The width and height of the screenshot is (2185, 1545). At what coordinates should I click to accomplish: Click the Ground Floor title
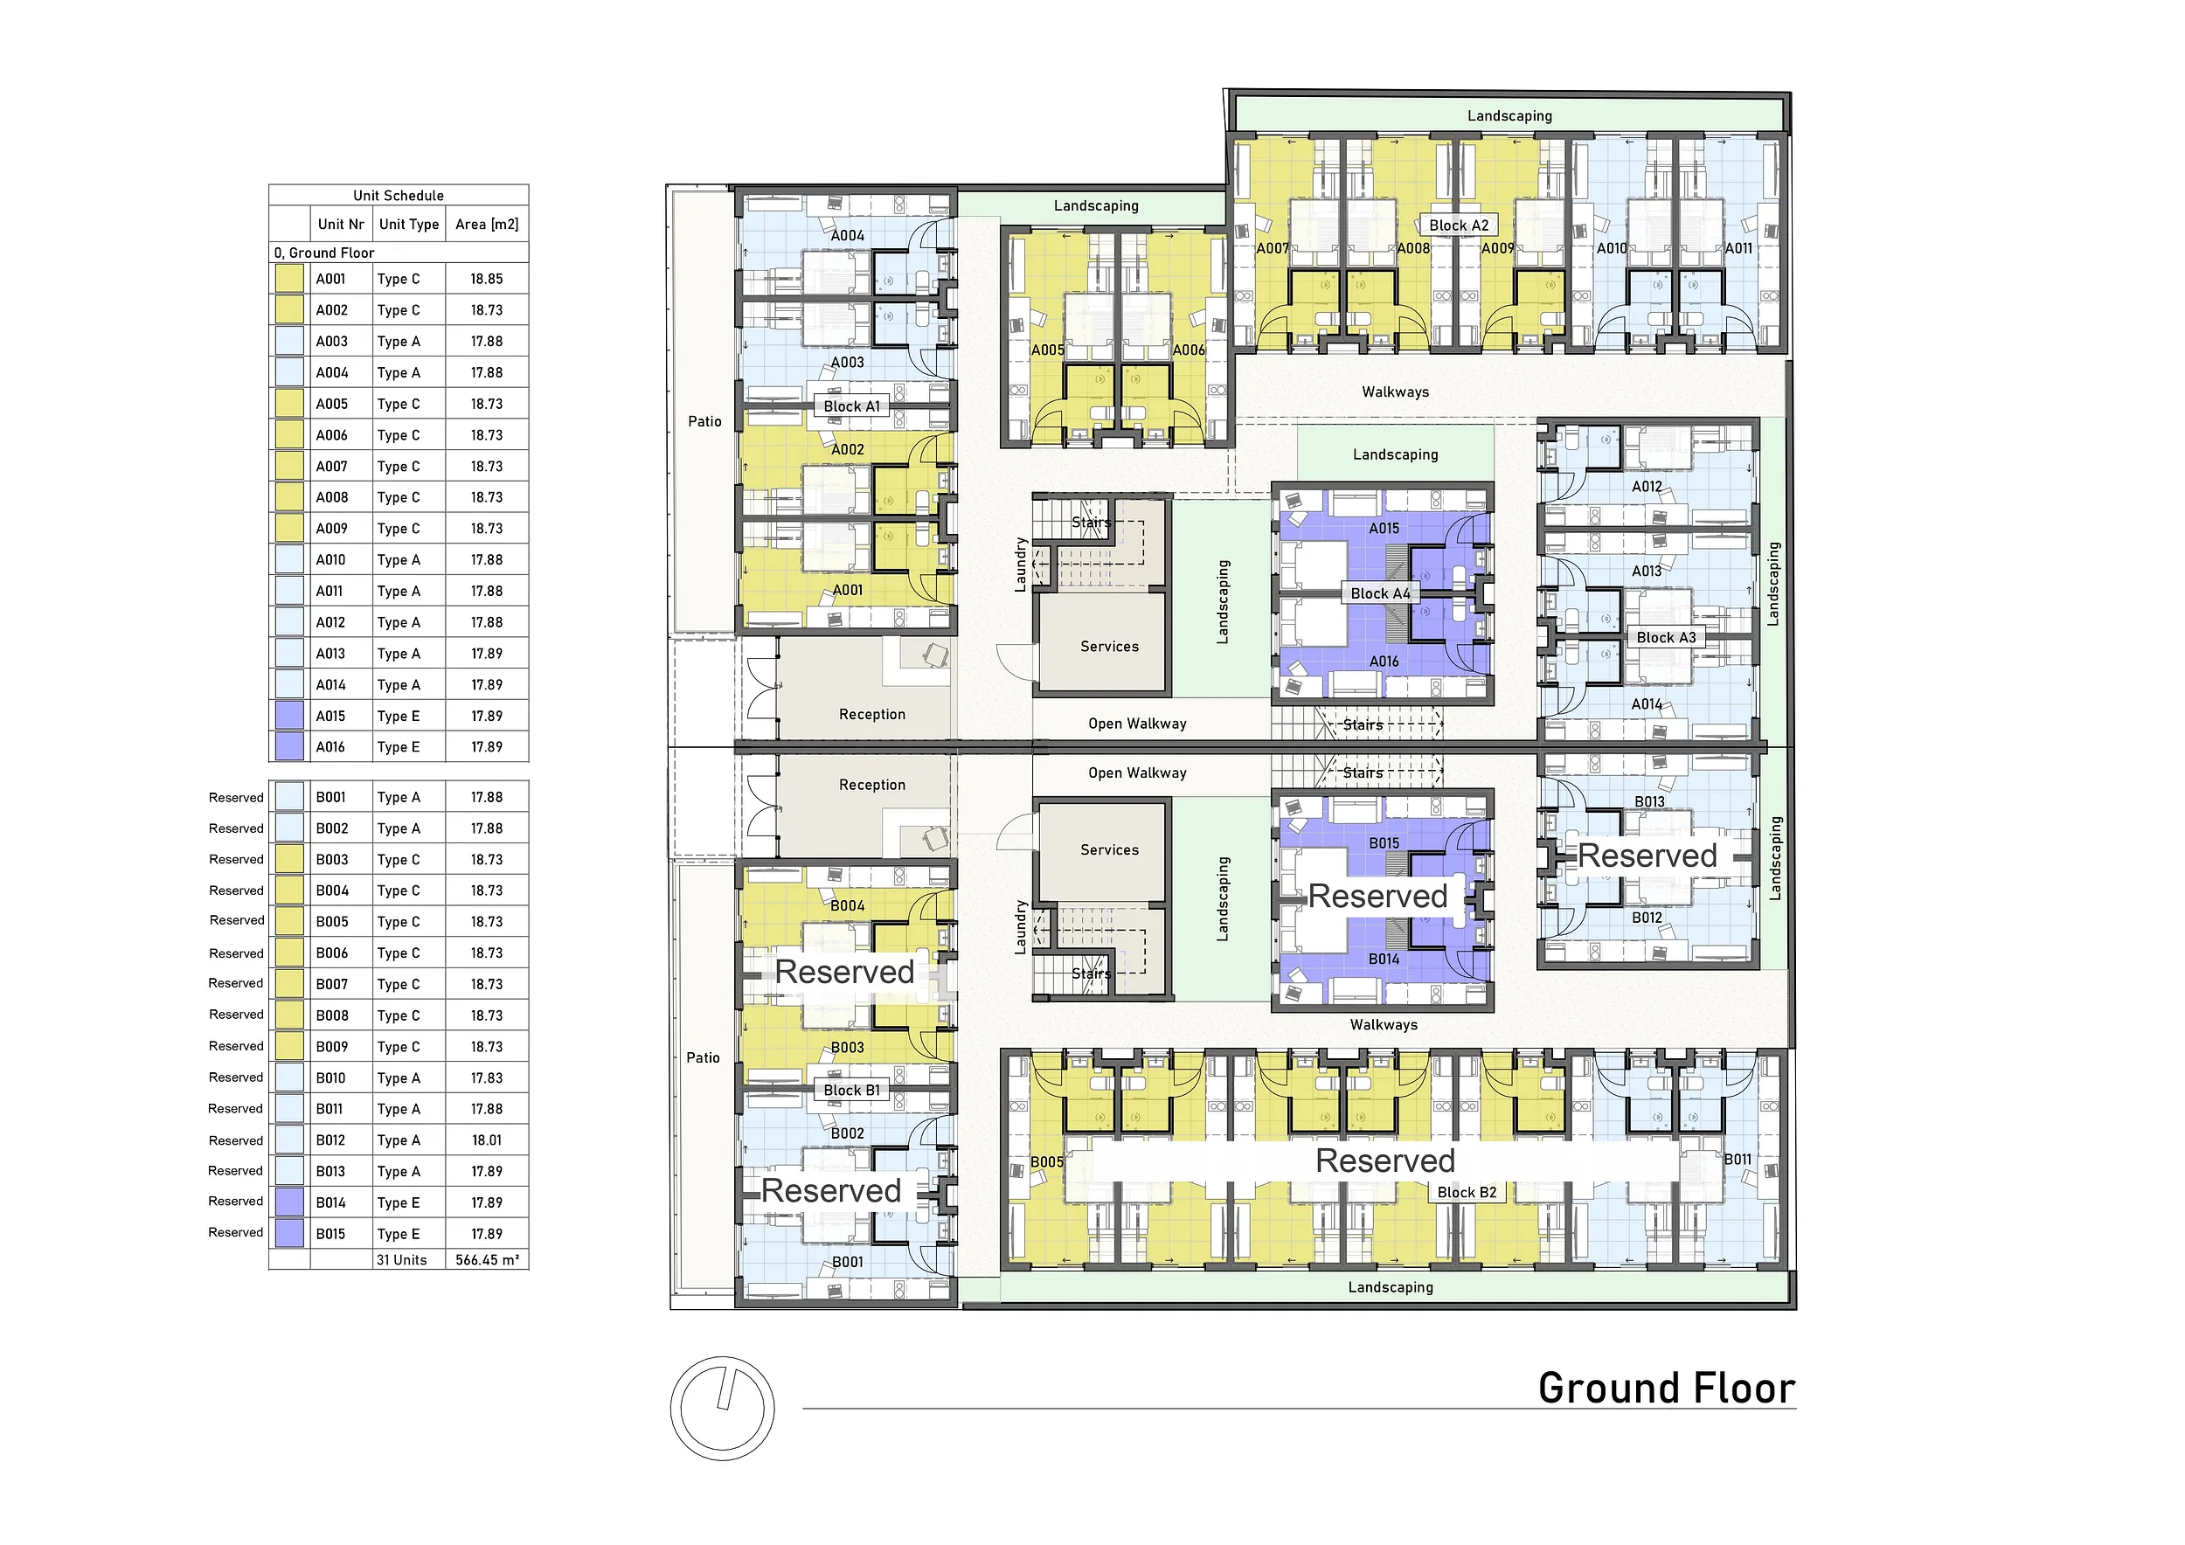(x=1667, y=1388)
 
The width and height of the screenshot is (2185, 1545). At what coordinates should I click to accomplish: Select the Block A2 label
(x=1459, y=225)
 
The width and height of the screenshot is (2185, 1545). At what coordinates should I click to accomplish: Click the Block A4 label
(x=1381, y=593)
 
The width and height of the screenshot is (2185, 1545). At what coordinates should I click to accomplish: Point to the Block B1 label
(x=852, y=1091)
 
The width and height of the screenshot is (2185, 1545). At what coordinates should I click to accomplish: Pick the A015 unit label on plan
(x=1384, y=529)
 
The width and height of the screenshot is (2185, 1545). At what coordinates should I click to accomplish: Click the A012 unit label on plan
(x=1647, y=487)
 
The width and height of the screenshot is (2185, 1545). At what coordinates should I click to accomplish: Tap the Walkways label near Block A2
(x=1395, y=392)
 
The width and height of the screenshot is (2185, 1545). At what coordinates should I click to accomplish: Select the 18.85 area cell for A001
(x=486, y=280)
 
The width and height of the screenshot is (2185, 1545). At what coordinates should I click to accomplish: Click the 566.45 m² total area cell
(x=487, y=1260)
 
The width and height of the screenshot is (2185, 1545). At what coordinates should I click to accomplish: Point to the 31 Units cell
(x=401, y=1260)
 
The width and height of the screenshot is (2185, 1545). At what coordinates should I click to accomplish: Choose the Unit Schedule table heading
(x=399, y=196)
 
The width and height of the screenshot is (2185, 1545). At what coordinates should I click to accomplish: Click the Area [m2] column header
(x=486, y=225)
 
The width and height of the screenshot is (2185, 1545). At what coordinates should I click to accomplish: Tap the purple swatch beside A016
(x=289, y=747)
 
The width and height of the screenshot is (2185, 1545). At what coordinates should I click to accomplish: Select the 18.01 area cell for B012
(x=486, y=1140)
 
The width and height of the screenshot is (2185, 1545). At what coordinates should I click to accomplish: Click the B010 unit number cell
(x=331, y=1077)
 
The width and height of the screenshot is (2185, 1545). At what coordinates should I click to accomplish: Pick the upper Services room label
(x=1110, y=647)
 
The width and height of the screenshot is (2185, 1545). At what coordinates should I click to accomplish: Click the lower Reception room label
(x=871, y=785)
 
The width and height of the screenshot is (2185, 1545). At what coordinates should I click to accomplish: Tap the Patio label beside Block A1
(x=704, y=421)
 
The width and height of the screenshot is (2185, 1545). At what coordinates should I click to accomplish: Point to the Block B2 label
(x=1467, y=1193)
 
